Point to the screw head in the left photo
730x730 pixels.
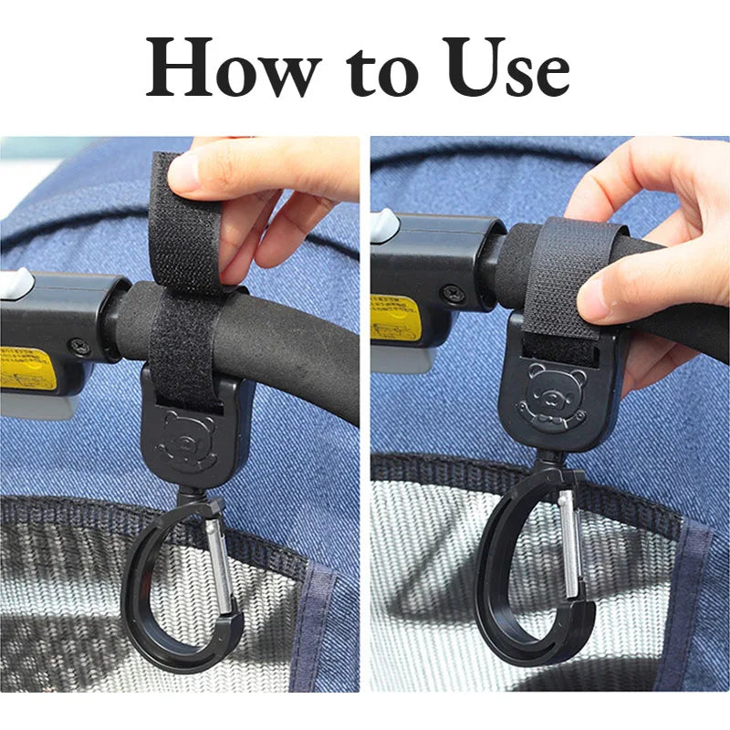coord(82,346)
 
